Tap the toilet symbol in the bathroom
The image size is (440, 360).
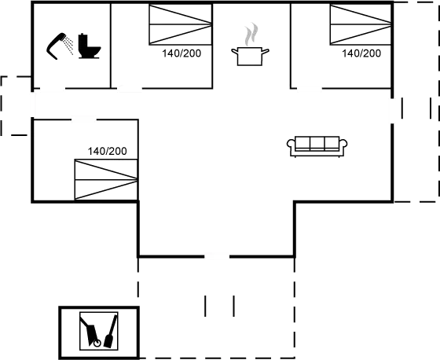89,46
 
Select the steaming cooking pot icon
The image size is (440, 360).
250,56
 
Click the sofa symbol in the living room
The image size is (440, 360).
317,146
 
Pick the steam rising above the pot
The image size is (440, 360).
251,35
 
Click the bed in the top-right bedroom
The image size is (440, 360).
361,24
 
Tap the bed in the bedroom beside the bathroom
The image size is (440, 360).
181,24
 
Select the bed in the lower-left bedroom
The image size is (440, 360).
106,179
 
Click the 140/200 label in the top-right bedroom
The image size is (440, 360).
361,53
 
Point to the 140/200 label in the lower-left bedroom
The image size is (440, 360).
107,151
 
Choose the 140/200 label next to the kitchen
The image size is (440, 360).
181,53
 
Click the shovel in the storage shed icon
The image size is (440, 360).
110,332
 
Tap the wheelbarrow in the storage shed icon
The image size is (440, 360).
90,332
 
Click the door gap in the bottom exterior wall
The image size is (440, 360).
217,256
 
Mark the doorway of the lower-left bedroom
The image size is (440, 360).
83,119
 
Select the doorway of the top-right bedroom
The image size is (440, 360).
310,89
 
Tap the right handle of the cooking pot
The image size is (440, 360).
266,51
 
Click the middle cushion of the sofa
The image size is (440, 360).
317,143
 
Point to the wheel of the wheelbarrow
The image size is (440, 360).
97,343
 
